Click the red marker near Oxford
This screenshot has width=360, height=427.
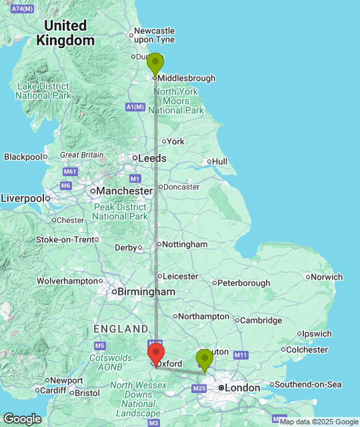tap(155, 354)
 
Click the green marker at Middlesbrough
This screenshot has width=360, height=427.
tap(155, 64)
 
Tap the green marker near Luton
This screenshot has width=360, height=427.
tap(204, 359)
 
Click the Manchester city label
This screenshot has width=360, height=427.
tap(123, 191)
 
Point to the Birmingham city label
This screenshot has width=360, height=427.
tap(147, 292)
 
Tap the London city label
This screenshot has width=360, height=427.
tap(242, 387)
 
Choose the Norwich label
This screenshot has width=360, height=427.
tap(327, 276)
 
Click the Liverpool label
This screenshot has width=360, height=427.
tap(22, 198)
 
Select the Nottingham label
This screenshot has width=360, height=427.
tap(185, 244)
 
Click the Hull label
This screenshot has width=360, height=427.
tap(219, 161)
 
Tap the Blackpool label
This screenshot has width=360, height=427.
tap(23, 156)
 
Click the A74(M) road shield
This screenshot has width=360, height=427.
tap(23, 7)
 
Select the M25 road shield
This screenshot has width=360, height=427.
tap(199, 388)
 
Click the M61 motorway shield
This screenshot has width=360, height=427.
tap(70, 171)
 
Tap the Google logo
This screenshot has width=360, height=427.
tap(21, 419)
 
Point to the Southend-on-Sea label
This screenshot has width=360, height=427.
tap(308, 384)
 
